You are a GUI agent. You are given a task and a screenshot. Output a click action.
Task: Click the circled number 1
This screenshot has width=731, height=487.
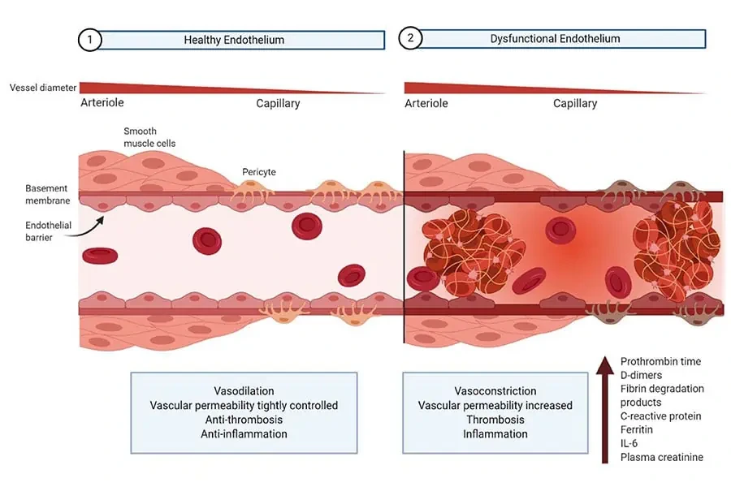(90, 40)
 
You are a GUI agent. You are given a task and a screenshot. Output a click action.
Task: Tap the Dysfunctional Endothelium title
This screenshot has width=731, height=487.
(555, 39)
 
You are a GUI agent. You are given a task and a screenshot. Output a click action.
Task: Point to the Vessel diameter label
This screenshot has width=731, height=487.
(41, 87)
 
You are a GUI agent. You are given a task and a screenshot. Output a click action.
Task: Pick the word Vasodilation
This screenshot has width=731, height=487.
(243, 391)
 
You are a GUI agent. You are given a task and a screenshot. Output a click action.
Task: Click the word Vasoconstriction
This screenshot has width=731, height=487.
(495, 391)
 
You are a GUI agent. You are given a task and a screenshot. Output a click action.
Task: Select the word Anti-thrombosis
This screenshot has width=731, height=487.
(243, 420)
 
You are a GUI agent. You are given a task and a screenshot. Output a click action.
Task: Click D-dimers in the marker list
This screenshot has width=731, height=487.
(642, 375)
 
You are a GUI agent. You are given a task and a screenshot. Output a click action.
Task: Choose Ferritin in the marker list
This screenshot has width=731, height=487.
(637, 430)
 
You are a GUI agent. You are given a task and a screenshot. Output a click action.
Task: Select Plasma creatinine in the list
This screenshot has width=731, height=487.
(661, 458)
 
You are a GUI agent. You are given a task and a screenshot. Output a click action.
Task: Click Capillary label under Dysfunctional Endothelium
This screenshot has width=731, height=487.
(575, 104)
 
